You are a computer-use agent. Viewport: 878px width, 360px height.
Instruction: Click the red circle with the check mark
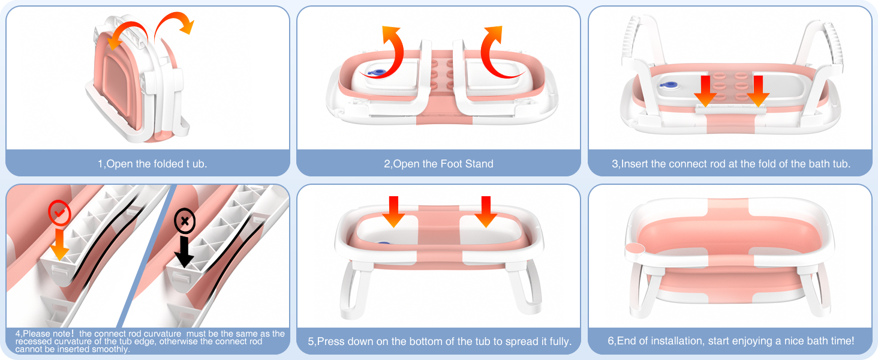pos(59,214)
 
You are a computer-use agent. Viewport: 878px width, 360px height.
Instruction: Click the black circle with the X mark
pos(185,221)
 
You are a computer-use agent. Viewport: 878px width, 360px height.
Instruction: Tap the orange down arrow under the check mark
pos(59,245)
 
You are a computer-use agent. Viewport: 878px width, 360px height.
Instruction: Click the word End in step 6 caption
pos(628,341)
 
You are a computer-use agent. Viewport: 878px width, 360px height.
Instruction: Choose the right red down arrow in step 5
pos(486,211)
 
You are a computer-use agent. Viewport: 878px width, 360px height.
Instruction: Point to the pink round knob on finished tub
pos(633,249)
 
